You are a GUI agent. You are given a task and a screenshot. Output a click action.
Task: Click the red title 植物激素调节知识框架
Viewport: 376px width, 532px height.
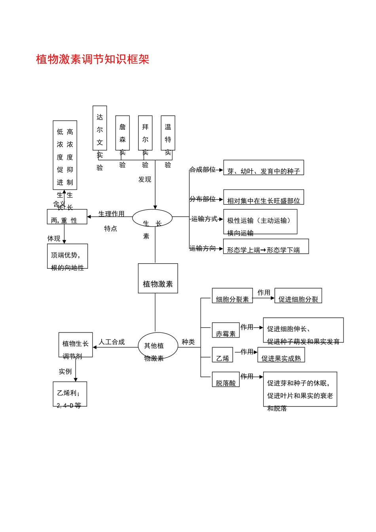tap(93, 59)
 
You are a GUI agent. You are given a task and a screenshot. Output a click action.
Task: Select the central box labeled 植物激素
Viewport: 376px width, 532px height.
tap(158, 279)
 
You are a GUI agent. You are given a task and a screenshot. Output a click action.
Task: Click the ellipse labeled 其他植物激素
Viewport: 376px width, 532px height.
tap(158, 346)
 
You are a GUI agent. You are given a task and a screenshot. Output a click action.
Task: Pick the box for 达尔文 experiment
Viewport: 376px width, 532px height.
tap(100, 128)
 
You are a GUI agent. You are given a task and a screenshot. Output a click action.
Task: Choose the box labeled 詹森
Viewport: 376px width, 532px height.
tap(122, 133)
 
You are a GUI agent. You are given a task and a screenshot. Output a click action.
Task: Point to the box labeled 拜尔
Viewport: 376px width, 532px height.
tap(145, 133)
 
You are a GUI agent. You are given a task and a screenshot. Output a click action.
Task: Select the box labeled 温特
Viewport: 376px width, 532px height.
tap(168, 133)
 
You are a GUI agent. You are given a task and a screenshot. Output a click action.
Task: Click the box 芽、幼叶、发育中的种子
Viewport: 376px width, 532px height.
tap(264, 167)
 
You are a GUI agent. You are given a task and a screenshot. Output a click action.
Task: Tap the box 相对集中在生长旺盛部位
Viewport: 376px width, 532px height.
tap(264, 197)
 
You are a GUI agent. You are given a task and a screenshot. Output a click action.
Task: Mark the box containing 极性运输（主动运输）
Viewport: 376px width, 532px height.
tap(260, 222)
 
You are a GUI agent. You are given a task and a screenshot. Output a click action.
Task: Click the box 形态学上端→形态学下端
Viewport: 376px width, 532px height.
tap(266, 246)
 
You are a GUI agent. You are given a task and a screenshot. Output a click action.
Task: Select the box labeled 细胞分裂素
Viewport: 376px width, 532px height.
tap(232, 296)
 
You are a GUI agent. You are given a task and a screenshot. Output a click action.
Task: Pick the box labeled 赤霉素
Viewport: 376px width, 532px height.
tap(226, 330)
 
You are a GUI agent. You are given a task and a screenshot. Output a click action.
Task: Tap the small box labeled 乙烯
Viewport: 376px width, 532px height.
tap(222, 355)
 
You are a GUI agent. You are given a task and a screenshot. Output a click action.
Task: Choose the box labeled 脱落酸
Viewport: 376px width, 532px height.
tap(226, 379)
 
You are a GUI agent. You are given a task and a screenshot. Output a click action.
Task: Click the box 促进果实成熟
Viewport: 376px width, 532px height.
tap(281, 355)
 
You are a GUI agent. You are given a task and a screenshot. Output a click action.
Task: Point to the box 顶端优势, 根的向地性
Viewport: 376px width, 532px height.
tap(67, 256)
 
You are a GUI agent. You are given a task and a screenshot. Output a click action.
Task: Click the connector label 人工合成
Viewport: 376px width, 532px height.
tap(112, 342)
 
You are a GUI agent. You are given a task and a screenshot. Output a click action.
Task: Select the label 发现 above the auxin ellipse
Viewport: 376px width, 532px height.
tap(145, 180)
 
